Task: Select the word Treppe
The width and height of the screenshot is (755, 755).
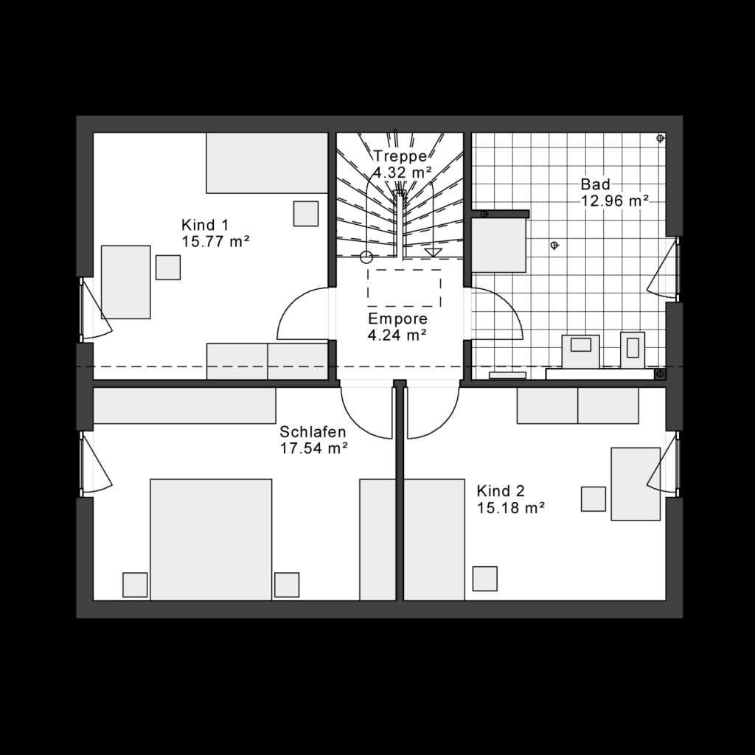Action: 400,156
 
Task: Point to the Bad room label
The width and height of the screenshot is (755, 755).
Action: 595,184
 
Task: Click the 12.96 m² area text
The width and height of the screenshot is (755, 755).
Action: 615,200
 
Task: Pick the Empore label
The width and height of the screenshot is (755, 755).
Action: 398,319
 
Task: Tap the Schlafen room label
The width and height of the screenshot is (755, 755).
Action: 313,432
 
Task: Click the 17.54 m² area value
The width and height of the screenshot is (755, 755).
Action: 313,448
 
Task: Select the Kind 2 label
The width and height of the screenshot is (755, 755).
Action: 501,491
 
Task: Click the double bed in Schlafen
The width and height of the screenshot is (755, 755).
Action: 211,540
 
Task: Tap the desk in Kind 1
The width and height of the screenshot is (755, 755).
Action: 125,282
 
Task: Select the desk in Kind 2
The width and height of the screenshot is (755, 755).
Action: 635,484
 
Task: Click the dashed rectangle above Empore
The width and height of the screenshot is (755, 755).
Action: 404,288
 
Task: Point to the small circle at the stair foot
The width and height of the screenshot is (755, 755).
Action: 366,257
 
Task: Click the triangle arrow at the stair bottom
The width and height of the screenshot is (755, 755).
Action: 433,252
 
